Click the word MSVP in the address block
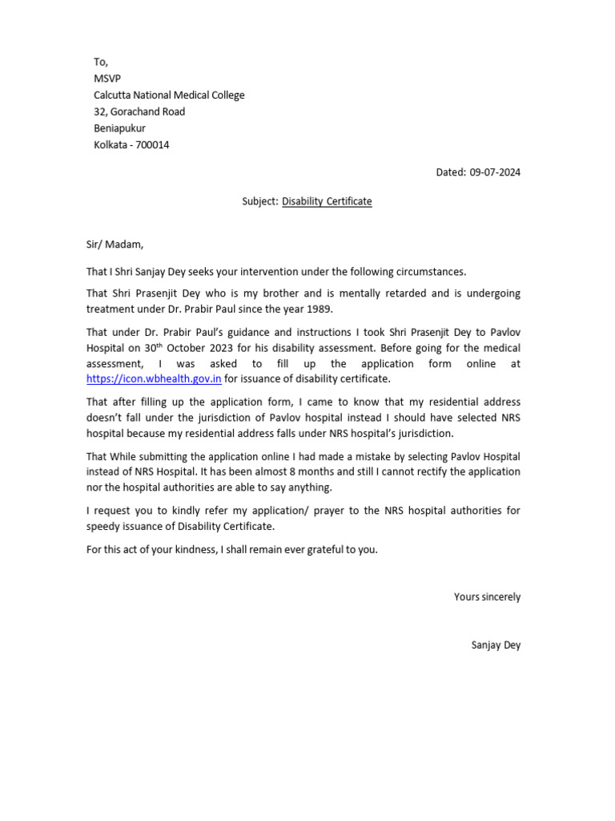107,79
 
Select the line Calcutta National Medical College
169,95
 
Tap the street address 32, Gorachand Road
139,111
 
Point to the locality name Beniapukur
119,128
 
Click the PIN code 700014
151,145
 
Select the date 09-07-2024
495,172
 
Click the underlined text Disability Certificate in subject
327,201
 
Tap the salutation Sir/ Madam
115,245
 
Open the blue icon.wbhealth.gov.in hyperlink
154,379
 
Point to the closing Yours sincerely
487,597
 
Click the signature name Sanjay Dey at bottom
496,645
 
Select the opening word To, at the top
101,63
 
